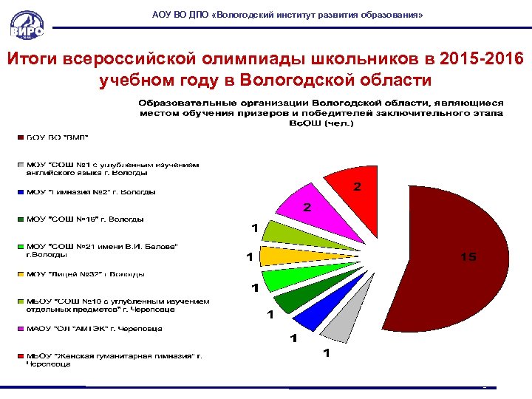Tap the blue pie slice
tap(310, 314)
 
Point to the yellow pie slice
tap(281, 256)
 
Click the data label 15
tap(468, 257)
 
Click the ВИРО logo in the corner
tap(27, 24)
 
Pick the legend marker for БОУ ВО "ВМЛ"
tap(21, 137)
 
